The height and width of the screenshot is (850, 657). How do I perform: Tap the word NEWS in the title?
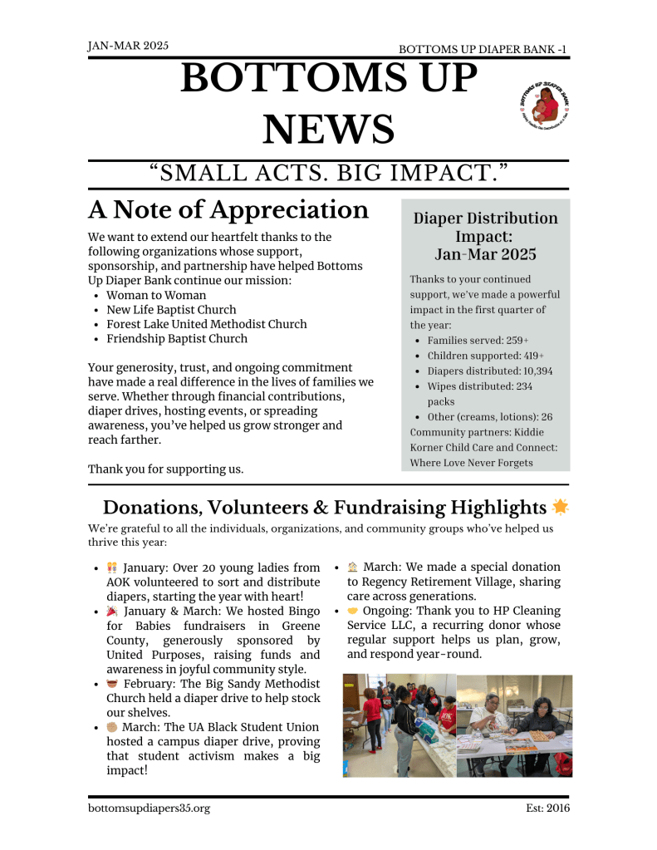329,129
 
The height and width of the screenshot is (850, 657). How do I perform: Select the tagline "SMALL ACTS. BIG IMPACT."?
329,174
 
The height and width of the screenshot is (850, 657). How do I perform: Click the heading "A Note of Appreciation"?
228,209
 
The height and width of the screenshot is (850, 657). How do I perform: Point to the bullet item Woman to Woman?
156,295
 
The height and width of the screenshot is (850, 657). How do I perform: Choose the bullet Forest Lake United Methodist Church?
206,324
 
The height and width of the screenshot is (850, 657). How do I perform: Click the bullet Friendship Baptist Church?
176,338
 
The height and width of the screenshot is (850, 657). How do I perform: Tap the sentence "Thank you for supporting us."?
166,469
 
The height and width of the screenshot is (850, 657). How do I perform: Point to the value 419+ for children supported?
522,356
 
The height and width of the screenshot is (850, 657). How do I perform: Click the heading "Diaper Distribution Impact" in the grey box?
485,236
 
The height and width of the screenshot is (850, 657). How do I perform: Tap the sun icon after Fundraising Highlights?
561,507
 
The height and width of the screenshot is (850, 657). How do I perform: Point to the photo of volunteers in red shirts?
399,725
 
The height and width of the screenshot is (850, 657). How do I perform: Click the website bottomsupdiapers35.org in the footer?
149,808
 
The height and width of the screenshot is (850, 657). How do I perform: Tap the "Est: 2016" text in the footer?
547,808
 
